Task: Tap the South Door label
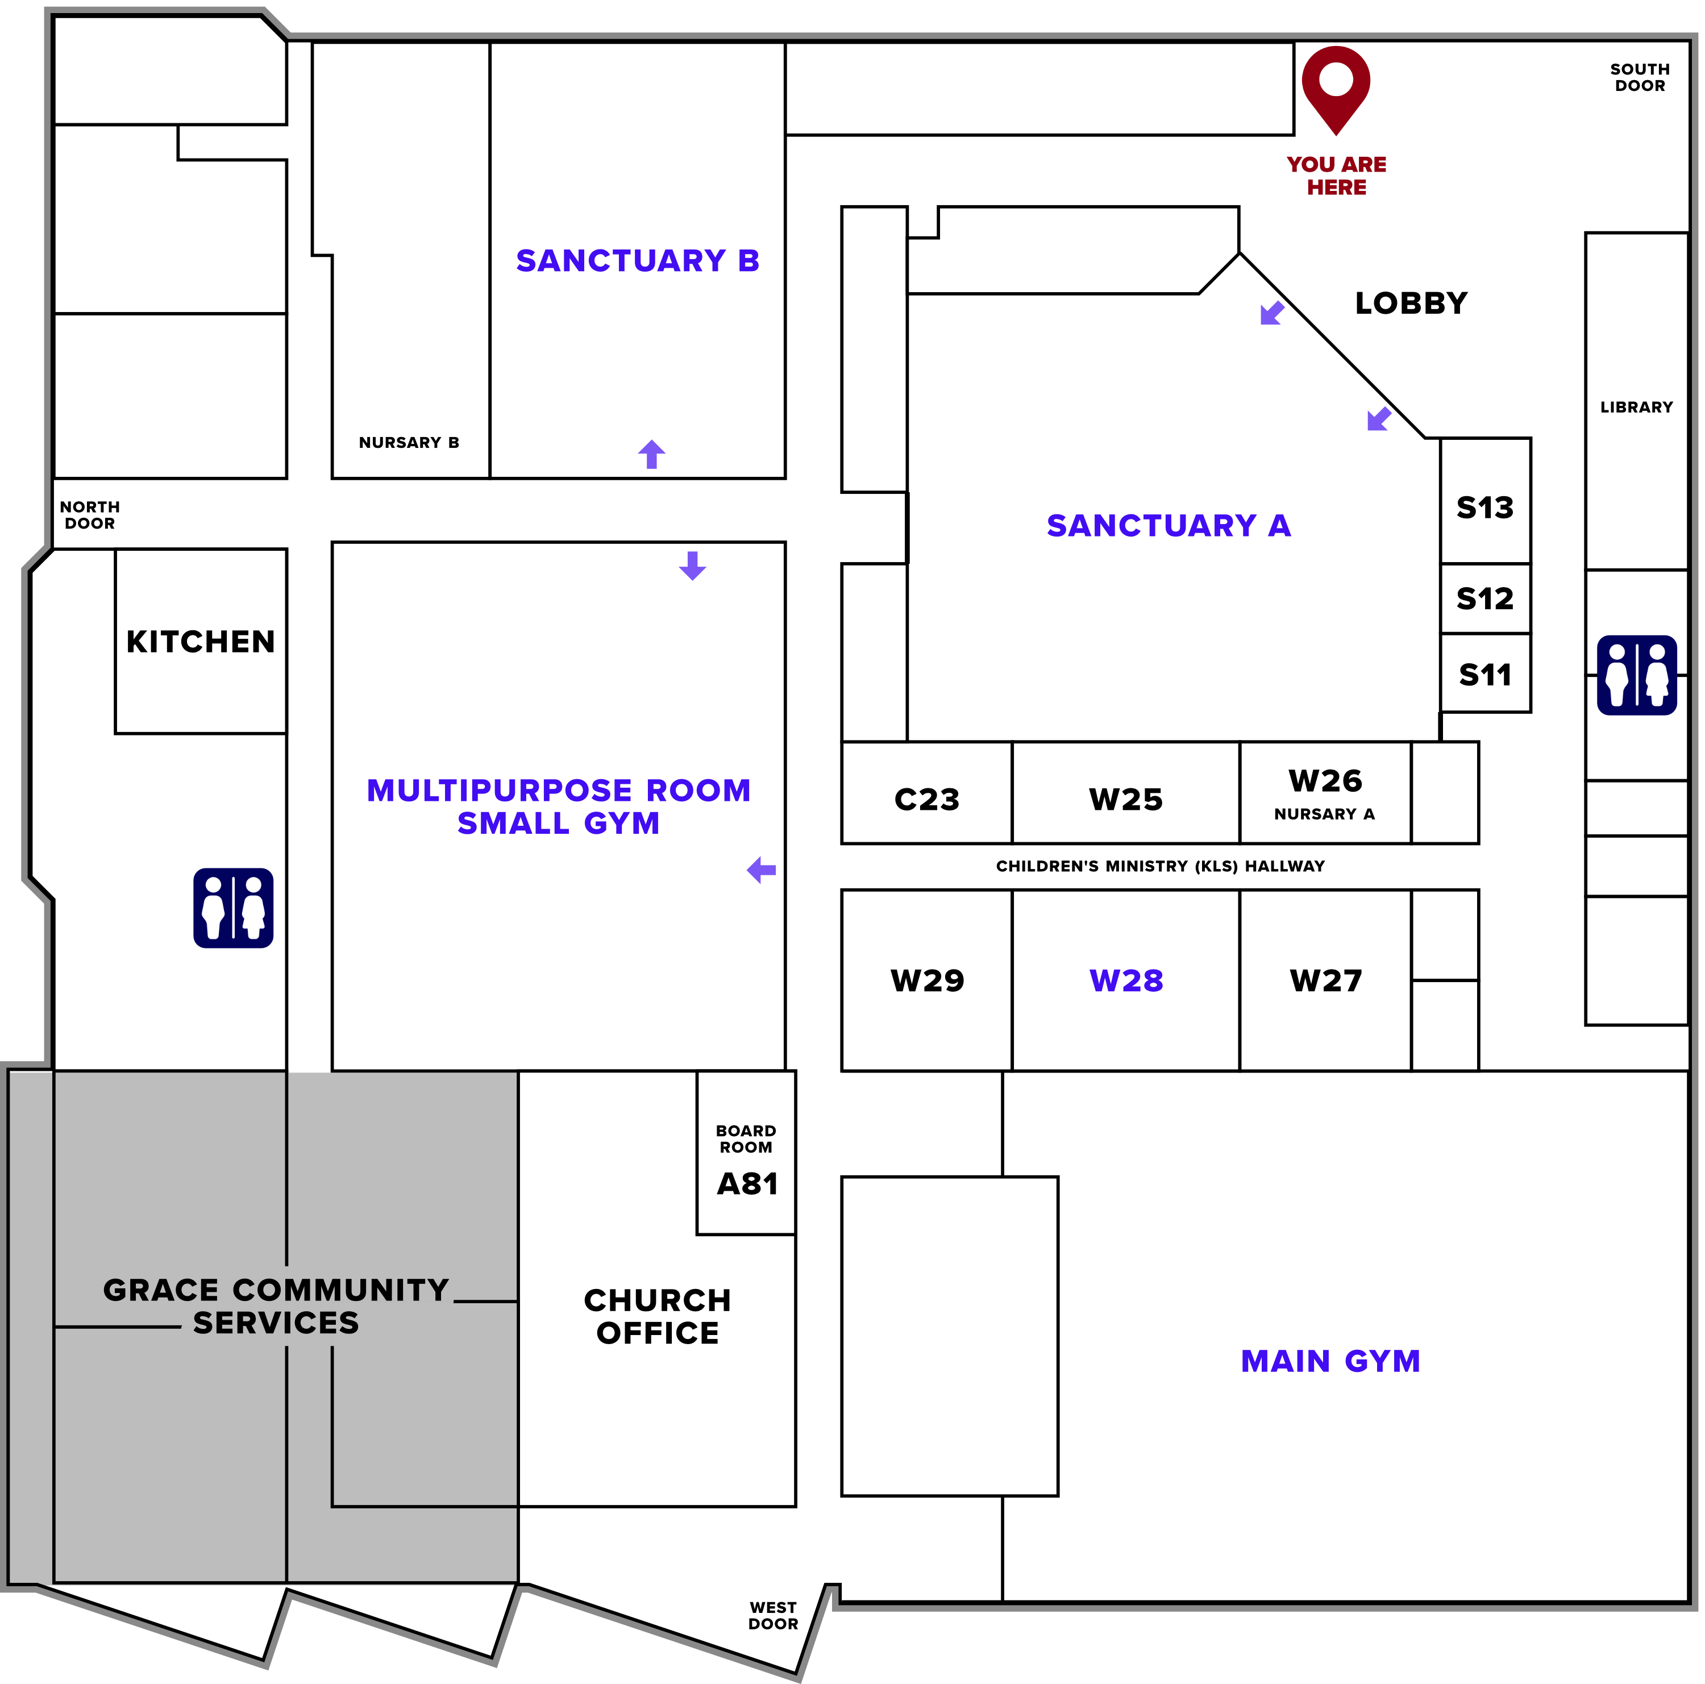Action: click(x=1639, y=78)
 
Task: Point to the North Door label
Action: click(x=89, y=514)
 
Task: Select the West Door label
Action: click(x=772, y=1615)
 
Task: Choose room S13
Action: click(x=1484, y=508)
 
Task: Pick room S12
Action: click(x=1484, y=598)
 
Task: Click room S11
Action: click(x=1484, y=674)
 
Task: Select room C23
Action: click(x=926, y=799)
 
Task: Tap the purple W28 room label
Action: click(x=1125, y=980)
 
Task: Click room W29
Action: click(x=926, y=980)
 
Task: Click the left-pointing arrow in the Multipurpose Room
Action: click(x=761, y=870)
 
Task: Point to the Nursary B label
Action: click(x=409, y=442)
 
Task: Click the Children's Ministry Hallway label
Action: click(x=1159, y=866)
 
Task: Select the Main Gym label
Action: click(x=1330, y=1361)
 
